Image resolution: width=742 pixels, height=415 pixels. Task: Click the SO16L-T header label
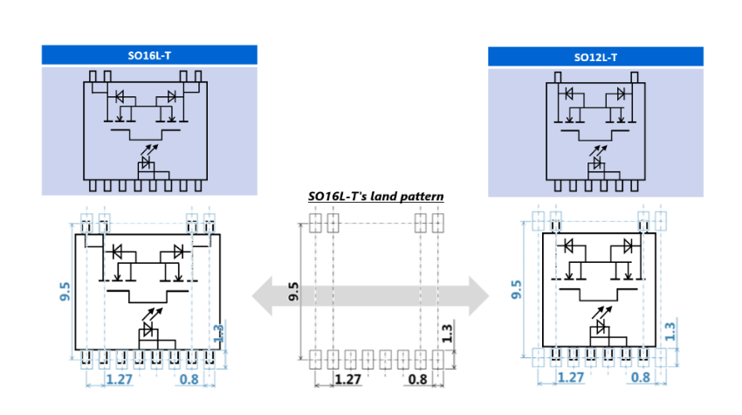coord(149,55)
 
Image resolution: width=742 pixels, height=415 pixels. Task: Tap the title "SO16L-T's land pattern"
coord(376,197)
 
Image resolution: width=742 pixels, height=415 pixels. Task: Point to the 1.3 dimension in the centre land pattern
coord(446,333)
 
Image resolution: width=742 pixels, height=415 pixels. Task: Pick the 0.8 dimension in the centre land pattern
coord(418,379)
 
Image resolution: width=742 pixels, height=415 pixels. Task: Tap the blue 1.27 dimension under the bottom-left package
coord(120,379)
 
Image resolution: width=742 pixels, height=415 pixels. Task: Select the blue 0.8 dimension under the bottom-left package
coord(189,379)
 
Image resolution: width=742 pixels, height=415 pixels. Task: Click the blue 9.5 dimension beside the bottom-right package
coord(519,291)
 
